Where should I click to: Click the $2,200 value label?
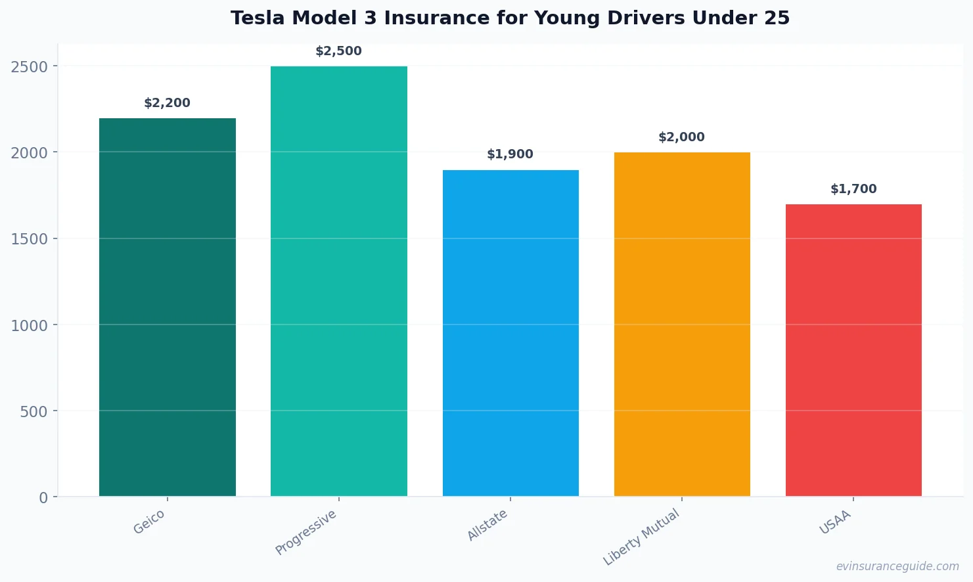167,103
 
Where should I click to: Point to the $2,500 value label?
338,51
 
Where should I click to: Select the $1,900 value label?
510,154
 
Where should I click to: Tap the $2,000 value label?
681,137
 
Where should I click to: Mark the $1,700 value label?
853,189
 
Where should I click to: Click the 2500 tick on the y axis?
30,66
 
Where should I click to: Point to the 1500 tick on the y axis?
30,239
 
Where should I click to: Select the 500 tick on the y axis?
34,412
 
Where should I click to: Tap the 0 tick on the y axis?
43,498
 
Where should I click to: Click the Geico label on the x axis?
149,522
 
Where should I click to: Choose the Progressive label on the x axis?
305,532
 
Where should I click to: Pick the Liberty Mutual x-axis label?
641,537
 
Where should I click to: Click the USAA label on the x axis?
835,522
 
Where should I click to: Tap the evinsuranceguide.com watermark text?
897,566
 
